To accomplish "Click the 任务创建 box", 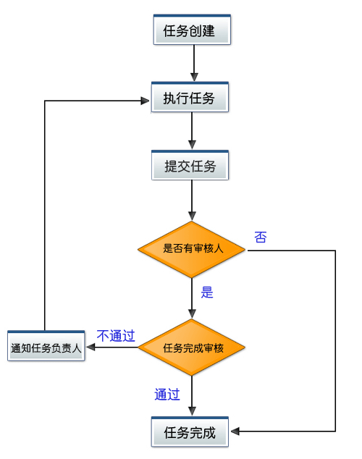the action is [x=192, y=30].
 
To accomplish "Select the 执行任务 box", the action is [x=190, y=97].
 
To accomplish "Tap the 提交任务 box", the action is [x=190, y=165].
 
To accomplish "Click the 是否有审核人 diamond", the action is [x=191, y=249].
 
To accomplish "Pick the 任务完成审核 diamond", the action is [x=191, y=348].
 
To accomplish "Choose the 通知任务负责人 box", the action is [x=46, y=346].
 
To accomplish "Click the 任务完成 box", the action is [x=190, y=431].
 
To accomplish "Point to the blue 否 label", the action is [x=261, y=237].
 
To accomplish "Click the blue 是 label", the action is [x=207, y=292].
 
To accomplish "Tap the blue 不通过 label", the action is [x=116, y=336].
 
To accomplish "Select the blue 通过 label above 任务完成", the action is [x=167, y=395].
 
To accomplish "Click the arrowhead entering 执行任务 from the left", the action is [x=145, y=101].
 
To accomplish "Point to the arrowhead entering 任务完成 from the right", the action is [x=235, y=431].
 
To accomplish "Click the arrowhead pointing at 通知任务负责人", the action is [x=90, y=348].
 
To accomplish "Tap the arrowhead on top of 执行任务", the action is [x=194, y=77].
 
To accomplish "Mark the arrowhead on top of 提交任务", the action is [x=192, y=145].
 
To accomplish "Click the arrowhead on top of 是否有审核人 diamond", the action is [x=192, y=216].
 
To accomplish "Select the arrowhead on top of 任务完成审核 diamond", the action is [x=192, y=313].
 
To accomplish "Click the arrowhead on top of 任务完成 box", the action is [x=192, y=411].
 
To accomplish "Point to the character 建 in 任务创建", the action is [x=209, y=30].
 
